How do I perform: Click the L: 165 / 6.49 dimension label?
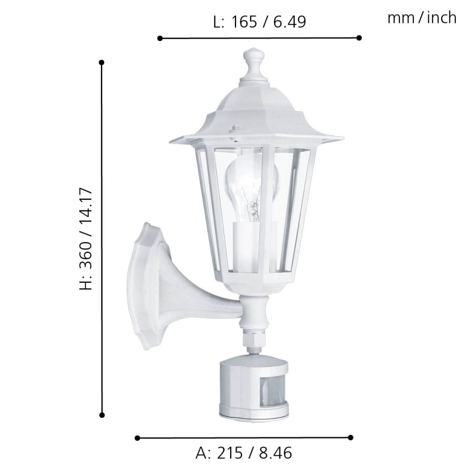[259, 22]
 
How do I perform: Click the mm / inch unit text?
[422, 18]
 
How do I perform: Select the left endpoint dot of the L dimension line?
[160, 38]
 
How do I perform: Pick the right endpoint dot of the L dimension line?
[359, 38]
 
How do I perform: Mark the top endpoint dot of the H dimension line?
[101, 62]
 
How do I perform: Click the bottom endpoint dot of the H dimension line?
[101, 415]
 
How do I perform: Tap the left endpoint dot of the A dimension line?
[137, 437]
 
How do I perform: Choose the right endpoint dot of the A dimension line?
[351, 437]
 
